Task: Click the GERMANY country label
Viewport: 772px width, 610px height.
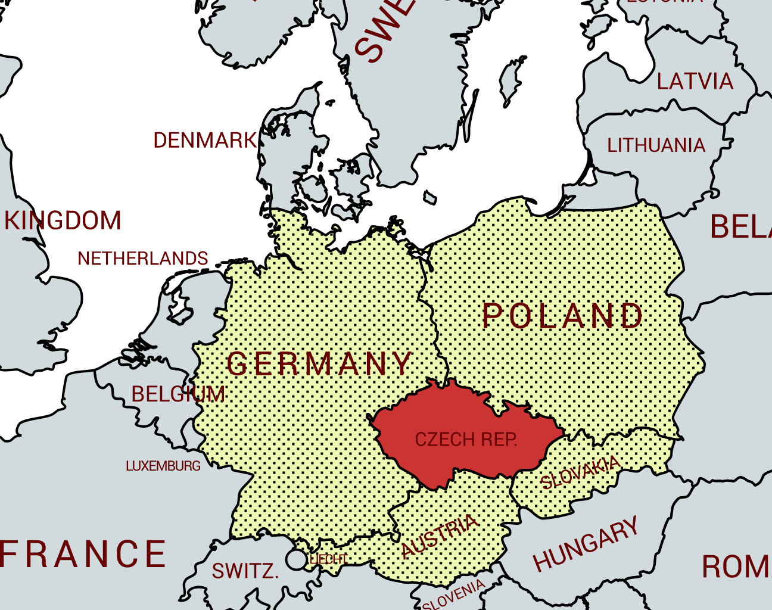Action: [320, 363]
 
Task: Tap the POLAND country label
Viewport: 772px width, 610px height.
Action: [562, 316]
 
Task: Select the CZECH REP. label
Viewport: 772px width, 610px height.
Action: [466, 440]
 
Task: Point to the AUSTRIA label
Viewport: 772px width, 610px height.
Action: [440, 536]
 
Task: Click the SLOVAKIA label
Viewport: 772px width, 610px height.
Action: [580, 472]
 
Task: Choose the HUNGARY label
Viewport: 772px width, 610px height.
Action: [586, 544]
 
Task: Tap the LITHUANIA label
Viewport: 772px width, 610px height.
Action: [656, 145]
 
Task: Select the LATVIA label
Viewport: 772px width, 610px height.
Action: [695, 82]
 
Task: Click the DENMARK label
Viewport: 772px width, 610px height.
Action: [205, 141]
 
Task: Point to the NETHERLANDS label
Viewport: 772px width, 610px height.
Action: [143, 259]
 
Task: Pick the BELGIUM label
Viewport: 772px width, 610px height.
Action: [178, 394]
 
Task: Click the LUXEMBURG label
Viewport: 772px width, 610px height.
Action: [163, 466]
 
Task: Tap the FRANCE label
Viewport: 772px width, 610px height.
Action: [83, 554]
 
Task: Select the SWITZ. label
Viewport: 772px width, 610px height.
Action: [245, 571]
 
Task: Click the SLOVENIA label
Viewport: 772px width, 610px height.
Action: [454, 595]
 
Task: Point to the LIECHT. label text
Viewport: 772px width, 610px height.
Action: [328, 559]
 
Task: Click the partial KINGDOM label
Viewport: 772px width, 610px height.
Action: [63, 220]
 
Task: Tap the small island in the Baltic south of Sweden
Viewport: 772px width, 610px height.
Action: [429, 197]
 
